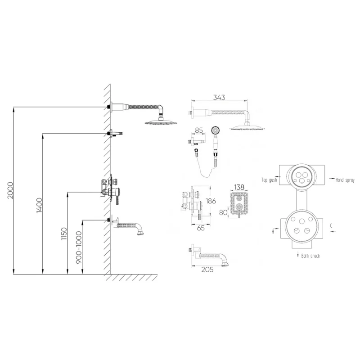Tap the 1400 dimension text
[40, 205]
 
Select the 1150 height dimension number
[64, 234]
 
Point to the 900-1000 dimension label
[79, 247]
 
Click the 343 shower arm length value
[219, 97]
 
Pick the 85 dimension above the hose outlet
[199, 130]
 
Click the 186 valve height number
[211, 201]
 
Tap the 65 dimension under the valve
[201, 228]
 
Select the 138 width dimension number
[239, 187]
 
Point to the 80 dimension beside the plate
[223, 212]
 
